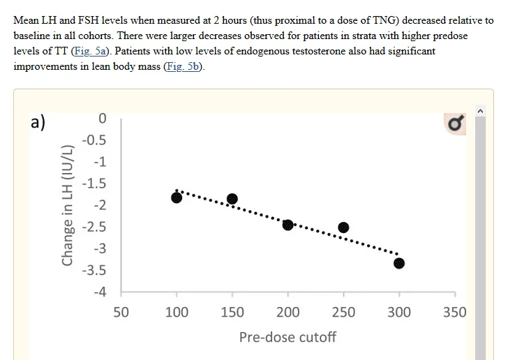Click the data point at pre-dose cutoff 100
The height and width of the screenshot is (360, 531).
point(177,197)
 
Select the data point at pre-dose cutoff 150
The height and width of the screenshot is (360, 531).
point(232,200)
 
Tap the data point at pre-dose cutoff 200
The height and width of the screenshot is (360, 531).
point(287,224)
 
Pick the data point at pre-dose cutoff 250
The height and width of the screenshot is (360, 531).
point(343,227)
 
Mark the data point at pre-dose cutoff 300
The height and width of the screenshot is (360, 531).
point(398,263)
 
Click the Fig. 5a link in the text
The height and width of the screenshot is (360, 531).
point(87,51)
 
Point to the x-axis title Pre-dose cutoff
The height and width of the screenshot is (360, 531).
point(287,338)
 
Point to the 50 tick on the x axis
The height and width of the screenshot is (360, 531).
point(121,313)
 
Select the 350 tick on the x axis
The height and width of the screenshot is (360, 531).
point(454,313)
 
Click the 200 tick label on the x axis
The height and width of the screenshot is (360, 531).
point(287,313)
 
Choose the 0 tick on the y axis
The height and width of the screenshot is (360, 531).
point(102,119)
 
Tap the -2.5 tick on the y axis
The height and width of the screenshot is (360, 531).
point(94,227)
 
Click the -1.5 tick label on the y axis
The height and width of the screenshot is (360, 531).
point(94,183)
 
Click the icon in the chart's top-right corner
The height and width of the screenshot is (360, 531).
point(456,123)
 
